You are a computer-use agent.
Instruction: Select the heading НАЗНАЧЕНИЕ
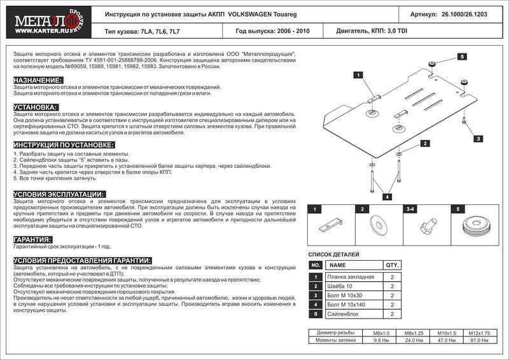click(38, 80)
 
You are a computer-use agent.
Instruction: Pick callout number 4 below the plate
click(386, 197)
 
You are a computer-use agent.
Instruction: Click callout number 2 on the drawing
click(423, 144)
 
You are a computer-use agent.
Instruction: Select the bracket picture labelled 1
click(330, 226)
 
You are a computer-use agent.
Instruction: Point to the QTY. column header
click(391, 265)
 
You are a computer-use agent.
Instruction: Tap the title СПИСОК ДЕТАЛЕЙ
click(333, 253)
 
